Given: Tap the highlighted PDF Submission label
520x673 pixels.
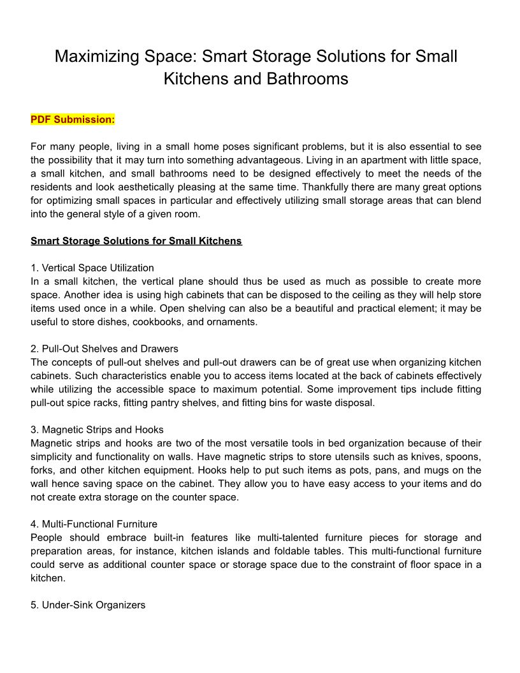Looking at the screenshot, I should pos(73,119).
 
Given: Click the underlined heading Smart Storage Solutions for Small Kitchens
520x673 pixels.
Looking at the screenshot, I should pos(136,241).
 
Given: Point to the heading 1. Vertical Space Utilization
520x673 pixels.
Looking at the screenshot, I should pos(92,268).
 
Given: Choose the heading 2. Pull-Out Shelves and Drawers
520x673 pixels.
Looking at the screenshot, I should pos(105,349).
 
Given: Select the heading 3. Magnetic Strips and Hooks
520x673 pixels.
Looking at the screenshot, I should pos(97,430).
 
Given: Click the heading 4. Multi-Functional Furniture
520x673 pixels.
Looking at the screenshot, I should pos(94,524).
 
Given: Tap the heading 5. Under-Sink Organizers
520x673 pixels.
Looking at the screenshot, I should pos(88,605).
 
